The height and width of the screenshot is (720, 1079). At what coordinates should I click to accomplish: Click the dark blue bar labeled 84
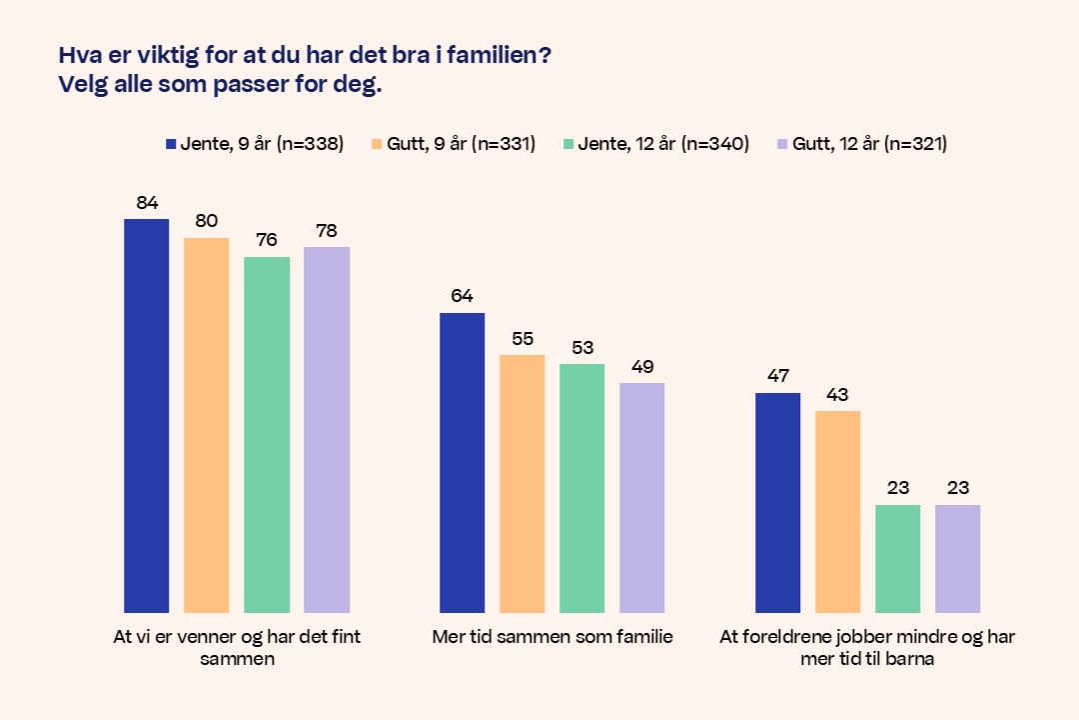[146, 415]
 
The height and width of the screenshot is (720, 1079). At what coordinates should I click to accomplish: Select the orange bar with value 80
[206, 425]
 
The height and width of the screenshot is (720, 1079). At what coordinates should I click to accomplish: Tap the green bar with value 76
[267, 434]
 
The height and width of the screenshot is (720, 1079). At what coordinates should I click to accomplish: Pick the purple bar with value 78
[327, 429]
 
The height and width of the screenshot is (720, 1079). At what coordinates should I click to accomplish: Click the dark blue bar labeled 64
[463, 462]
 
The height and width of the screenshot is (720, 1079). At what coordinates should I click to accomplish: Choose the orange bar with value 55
[523, 483]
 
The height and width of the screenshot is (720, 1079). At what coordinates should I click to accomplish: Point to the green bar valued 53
[582, 488]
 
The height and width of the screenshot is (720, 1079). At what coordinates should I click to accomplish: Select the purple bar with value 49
[641, 497]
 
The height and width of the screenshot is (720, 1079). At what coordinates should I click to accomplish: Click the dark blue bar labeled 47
[778, 502]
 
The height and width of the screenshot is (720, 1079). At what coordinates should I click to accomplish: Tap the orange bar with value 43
[837, 511]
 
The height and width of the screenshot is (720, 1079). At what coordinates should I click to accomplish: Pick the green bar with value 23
[897, 558]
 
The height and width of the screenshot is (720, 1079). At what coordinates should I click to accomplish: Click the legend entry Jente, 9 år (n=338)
[254, 144]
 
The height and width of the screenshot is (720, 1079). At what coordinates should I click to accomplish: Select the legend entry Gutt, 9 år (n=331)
[454, 144]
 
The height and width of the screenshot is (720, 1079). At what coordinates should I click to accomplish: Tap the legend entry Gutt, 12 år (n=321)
[861, 144]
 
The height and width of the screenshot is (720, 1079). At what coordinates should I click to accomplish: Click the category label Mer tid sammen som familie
[552, 637]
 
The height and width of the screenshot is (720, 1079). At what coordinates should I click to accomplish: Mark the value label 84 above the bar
[147, 203]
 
